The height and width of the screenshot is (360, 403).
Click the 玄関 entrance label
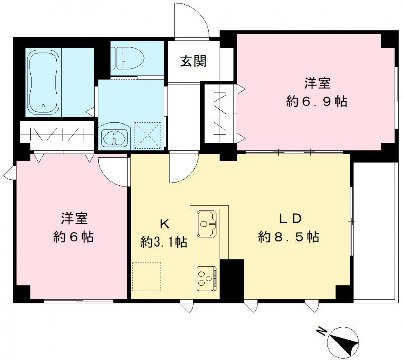pos(193,61)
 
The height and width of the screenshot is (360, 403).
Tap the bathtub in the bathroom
pos(43,82)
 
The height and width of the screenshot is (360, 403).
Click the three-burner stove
pos(207,278)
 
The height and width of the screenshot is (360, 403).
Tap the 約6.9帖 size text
pos(317,102)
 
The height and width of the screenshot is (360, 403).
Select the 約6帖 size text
pos(74,237)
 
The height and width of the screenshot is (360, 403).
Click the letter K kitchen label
pos(165,225)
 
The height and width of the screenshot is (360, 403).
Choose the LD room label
pos(290,219)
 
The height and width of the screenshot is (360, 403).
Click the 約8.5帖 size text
pos(289,237)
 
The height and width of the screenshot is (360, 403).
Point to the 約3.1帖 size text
pos(164,242)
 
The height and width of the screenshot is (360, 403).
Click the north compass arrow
pos(343,338)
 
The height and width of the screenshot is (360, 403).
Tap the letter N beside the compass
pos(321,331)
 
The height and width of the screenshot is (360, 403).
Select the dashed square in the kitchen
pos(147,276)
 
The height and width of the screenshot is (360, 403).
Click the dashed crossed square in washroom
pos(148,135)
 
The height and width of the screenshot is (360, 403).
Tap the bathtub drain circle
pos(43,106)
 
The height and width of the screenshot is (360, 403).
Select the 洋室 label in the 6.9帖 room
pos(318,83)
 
